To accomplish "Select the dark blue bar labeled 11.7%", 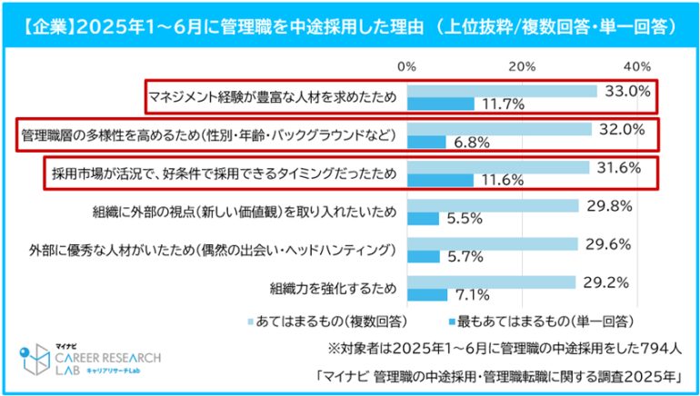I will pyautogui.click(x=440, y=104).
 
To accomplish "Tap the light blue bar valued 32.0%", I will pyautogui.click(x=499, y=129).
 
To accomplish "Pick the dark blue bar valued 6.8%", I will pyautogui.click(x=425, y=142).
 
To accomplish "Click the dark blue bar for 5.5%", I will pyautogui.click(x=422, y=218).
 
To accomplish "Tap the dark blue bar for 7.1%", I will pyautogui.click(x=426, y=294).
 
